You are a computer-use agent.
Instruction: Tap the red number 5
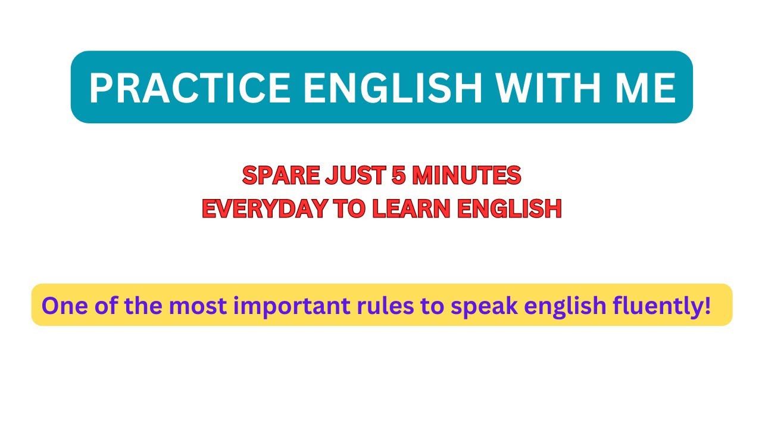point(395,175)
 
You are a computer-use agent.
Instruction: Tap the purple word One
point(62,306)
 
